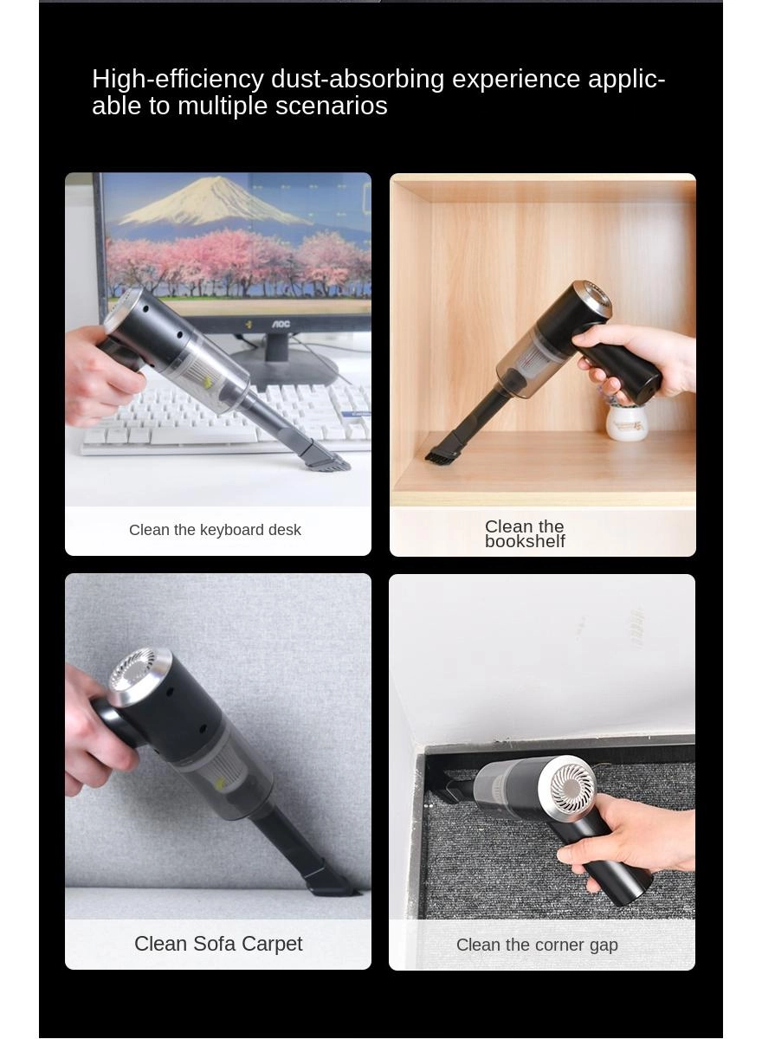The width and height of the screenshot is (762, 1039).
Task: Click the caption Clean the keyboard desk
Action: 215,530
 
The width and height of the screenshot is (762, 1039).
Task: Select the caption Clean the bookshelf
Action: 525,533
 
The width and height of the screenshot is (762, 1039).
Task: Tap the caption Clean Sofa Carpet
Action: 218,944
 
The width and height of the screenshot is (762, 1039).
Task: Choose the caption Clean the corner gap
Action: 537,945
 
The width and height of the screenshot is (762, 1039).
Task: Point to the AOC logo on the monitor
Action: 281,324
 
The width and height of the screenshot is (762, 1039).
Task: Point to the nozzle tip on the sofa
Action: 333,885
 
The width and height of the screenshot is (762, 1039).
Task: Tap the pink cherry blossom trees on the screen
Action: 234,260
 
